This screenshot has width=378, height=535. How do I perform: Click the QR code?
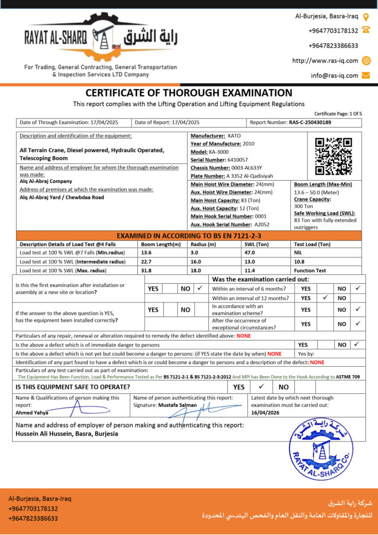tap(334, 156)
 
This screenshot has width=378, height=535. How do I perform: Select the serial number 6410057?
tap(238, 159)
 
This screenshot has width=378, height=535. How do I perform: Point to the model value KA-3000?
tap(219, 152)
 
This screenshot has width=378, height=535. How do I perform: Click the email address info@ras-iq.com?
tap(335, 75)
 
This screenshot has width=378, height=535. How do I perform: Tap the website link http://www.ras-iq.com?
tap(325, 61)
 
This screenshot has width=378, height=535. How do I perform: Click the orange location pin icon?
tap(365, 16)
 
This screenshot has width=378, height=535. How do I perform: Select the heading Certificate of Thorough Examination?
tap(189, 93)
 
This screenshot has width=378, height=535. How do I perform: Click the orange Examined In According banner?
tap(188, 236)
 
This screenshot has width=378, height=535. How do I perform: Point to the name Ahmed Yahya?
tap(32, 413)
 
